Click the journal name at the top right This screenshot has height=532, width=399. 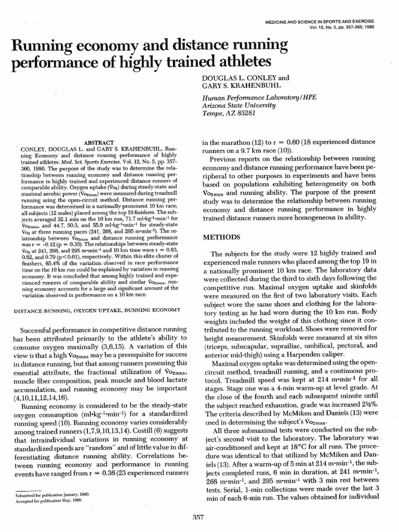(x=323, y=22)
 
